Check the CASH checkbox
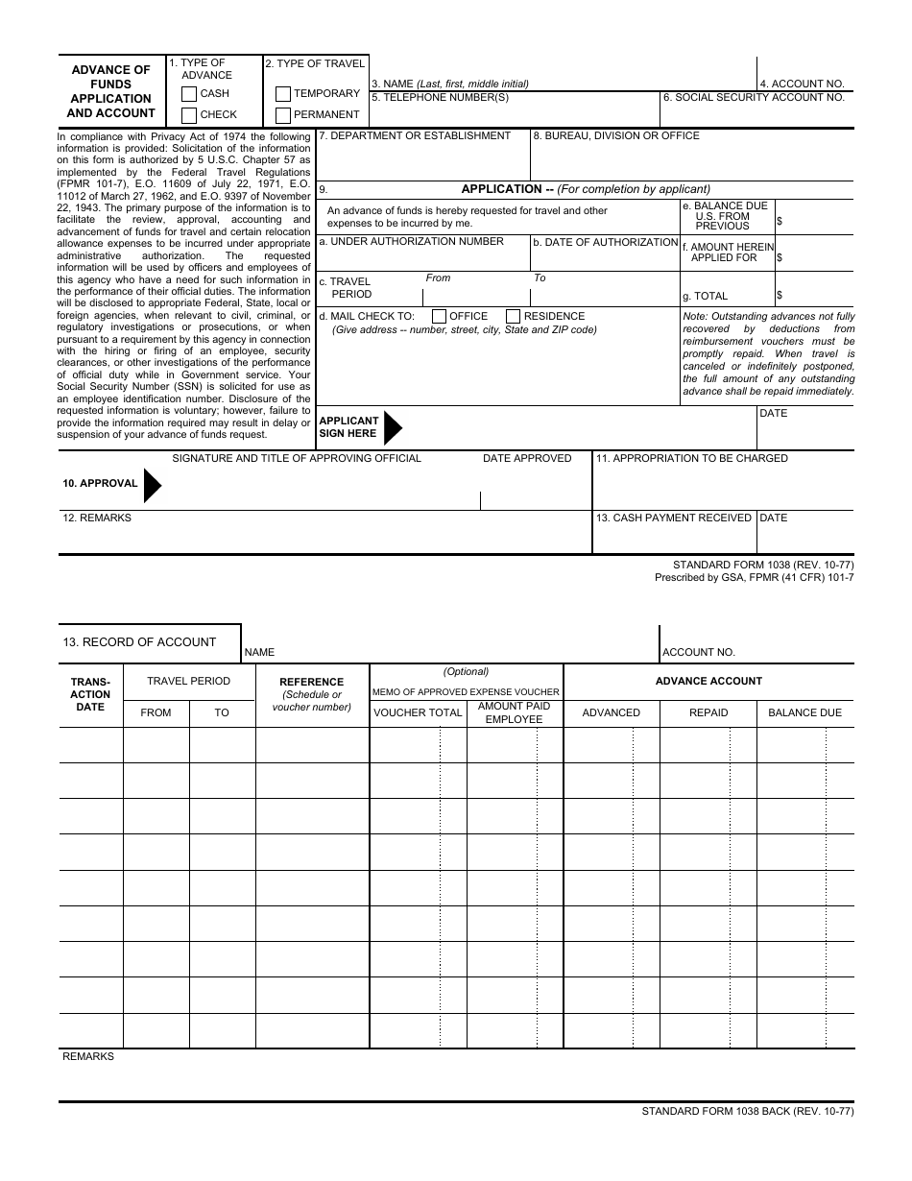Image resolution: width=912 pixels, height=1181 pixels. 189,94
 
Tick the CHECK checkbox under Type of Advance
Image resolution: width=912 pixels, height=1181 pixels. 189,115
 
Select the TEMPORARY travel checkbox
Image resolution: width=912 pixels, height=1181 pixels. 282,94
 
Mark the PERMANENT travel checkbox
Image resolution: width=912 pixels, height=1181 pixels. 282,115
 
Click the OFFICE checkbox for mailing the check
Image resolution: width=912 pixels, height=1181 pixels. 439,317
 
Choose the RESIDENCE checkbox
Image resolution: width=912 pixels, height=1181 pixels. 513,317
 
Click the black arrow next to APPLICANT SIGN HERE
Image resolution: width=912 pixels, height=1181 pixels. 393,426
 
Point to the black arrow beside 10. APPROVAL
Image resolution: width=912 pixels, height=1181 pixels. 153,484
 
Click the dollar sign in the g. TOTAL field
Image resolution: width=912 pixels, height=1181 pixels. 780,296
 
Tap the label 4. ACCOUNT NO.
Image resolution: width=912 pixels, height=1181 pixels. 802,84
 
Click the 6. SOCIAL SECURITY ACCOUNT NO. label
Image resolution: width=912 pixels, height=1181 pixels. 754,98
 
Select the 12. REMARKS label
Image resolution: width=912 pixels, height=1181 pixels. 97,518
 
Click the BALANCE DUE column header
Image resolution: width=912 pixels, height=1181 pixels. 804,713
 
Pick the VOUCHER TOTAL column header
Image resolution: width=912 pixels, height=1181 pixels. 418,713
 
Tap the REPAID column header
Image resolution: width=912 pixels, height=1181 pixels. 708,713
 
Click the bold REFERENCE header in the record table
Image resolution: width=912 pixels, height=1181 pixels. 311,683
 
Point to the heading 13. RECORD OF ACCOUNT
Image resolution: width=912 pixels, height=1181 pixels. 139,642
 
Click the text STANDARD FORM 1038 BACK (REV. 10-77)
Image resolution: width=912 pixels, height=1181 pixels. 747,1112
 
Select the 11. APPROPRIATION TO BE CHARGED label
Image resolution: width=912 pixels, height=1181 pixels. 691,459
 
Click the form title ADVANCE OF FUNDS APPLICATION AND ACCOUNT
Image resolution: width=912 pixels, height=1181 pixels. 110,91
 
